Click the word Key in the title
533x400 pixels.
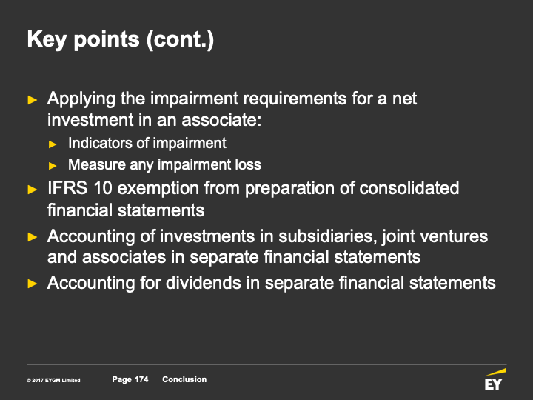[x=47, y=40]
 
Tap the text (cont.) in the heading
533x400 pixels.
[x=180, y=40]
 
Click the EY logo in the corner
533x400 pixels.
[x=495, y=379]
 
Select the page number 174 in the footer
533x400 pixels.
[x=141, y=379]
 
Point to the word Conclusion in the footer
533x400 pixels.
[x=184, y=379]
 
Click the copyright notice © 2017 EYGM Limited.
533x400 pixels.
[x=54, y=380]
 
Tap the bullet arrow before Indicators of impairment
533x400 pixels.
[x=53, y=144]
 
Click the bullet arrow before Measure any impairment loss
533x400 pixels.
[x=53, y=166]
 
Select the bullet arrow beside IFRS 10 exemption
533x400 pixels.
[x=33, y=190]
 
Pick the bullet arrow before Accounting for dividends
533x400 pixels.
[x=33, y=283]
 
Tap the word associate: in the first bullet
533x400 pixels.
[x=221, y=120]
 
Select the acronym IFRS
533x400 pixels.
[x=67, y=188]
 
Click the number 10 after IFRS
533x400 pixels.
[x=103, y=188]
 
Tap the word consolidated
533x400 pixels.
[x=409, y=188]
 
